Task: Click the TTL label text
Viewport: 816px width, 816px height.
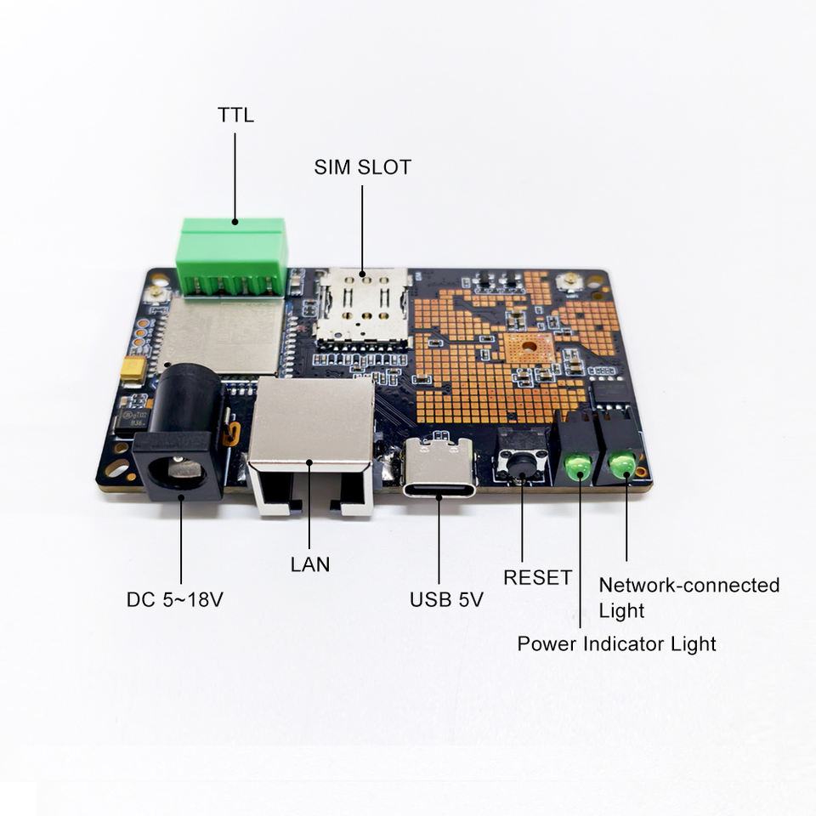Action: click(x=235, y=115)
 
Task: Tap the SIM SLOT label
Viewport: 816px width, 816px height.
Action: click(x=362, y=167)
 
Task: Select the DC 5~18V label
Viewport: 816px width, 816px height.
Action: click(x=175, y=599)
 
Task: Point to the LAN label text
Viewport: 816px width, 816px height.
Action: click(x=309, y=564)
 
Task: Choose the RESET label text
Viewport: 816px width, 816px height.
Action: click(x=537, y=578)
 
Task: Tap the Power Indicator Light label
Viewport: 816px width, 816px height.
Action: click(x=616, y=643)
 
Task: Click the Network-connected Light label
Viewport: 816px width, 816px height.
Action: click(x=688, y=598)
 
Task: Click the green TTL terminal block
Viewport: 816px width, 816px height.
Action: click(x=232, y=255)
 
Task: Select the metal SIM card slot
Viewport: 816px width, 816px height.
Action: click(x=362, y=310)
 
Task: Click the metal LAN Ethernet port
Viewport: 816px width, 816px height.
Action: click(x=311, y=446)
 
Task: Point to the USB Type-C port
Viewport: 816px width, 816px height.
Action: click(x=439, y=470)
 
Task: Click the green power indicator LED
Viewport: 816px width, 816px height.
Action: click(x=578, y=466)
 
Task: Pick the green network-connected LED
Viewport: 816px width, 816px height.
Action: click(x=622, y=463)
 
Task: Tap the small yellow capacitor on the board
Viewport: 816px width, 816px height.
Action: click(x=133, y=367)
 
